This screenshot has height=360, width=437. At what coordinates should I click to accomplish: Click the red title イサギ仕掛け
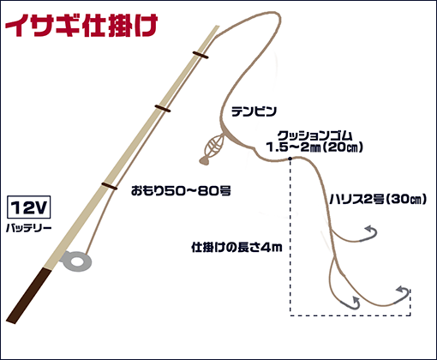point(81,25)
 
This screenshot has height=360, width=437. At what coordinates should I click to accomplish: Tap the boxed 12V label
point(28,207)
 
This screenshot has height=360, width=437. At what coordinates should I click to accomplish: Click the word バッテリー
point(29,228)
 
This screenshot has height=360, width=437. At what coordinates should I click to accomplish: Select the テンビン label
point(254,111)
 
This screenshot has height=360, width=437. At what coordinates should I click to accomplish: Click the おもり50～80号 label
point(181,190)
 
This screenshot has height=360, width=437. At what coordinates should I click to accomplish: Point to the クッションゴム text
point(314,135)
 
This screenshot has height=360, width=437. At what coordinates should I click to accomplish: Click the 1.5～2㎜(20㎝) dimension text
point(314,147)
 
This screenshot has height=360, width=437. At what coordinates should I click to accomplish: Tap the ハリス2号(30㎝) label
point(378,199)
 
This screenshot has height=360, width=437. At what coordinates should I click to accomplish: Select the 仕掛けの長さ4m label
point(236,247)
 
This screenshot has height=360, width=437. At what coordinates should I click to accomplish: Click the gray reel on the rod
point(76,261)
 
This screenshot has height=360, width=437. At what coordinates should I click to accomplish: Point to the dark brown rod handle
point(28,296)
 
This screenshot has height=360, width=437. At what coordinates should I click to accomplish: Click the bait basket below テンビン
point(214,146)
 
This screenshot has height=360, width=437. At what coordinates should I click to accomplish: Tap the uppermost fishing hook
point(368,234)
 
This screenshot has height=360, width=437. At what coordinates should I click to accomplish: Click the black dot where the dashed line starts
point(290,159)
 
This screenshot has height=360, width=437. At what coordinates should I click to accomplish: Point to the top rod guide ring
point(201,55)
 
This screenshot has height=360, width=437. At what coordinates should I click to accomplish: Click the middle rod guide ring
point(163,109)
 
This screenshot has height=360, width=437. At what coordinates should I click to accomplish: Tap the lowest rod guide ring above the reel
point(110,186)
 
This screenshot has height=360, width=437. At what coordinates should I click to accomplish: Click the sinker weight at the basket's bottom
point(205,160)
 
